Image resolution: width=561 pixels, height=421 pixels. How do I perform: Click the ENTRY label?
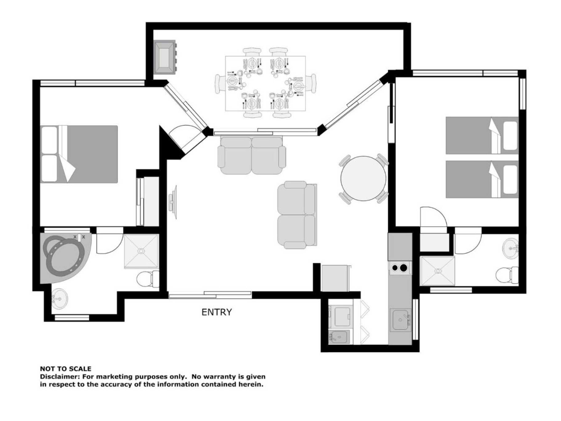click(217, 312)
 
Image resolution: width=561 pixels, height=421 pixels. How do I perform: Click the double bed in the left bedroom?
click(79, 154)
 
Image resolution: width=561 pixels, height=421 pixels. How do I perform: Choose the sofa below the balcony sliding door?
click(252, 156)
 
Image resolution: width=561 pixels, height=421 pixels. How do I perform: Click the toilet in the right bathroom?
click(507, 275)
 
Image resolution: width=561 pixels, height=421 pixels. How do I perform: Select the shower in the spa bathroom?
click(141, 251)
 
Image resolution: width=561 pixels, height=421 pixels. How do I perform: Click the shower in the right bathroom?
click(438, 271)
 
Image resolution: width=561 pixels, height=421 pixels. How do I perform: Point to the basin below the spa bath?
click(60, 299)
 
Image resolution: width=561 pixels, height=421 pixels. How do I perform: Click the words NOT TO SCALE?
click(66, 369)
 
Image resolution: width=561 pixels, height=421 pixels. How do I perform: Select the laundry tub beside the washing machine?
click(339, 337)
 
